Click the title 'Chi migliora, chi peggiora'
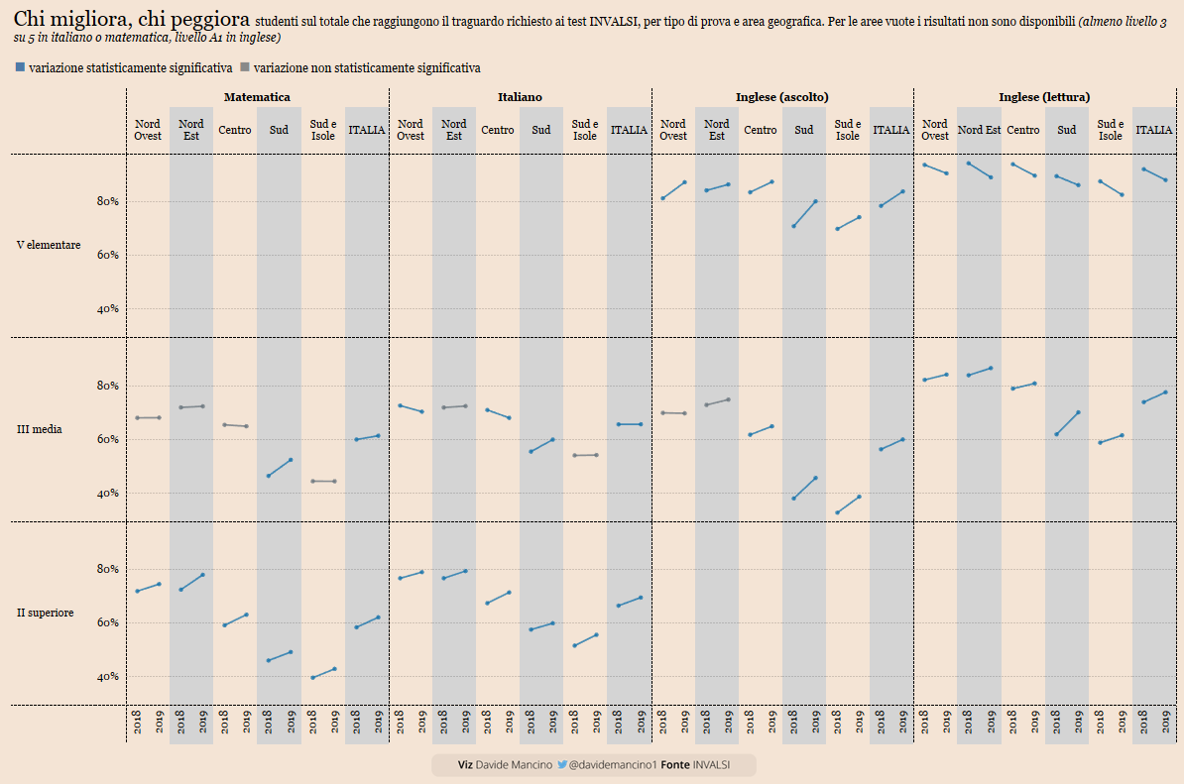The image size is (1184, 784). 132,19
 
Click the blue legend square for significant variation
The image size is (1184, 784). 20,67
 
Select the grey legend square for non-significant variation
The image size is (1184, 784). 245,67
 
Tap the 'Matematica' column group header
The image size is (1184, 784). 257,97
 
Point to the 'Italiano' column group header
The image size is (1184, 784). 520,97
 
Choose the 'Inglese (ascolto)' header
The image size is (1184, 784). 781,97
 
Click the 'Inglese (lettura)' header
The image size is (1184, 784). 1044,97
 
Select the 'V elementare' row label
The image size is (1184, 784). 49,245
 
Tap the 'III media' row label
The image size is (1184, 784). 40,429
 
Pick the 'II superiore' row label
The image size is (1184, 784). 45,613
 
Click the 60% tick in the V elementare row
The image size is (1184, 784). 107,255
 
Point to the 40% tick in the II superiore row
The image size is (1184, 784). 107,677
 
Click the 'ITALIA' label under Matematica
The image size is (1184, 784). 367,130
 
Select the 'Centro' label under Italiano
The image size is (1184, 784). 498,130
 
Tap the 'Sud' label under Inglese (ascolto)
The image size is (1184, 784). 804,130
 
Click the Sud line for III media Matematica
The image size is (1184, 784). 280,468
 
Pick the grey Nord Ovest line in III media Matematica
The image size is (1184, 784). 148,417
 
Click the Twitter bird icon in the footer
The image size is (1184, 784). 562,765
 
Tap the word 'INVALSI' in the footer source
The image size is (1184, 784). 711,765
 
